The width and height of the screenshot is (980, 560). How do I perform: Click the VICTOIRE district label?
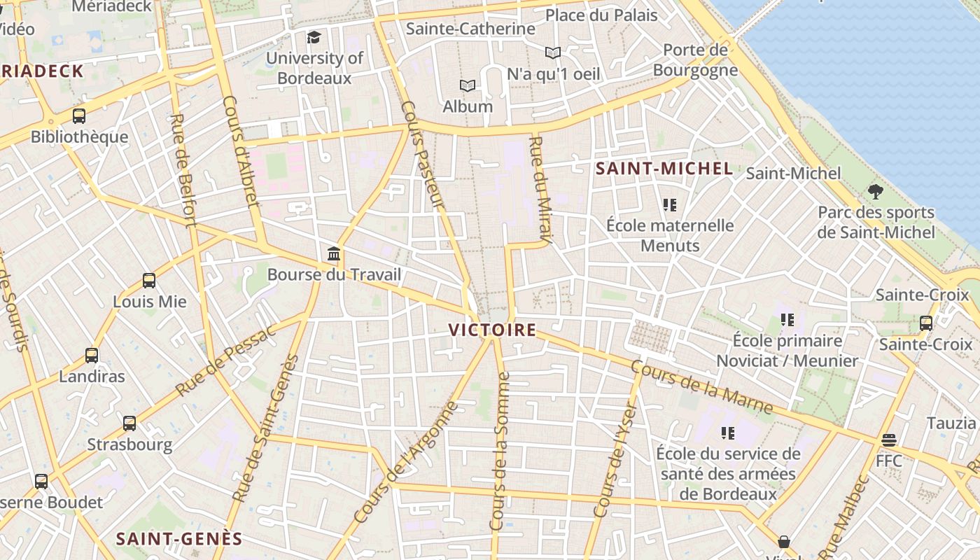pos(492,330)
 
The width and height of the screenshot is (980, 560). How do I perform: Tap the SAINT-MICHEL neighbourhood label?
pos(664,169)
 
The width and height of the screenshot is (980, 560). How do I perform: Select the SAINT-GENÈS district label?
pos(178,538)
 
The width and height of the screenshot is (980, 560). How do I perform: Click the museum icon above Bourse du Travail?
pos(334,253)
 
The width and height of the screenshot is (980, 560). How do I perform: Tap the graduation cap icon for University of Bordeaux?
pos(314,37)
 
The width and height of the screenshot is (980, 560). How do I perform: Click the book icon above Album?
pos(468,85)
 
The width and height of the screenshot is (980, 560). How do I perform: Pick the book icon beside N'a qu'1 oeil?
pos(553,52)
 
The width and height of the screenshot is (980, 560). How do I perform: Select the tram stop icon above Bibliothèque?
pos(79,116)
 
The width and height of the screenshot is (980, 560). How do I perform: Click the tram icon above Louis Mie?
pos(149,281)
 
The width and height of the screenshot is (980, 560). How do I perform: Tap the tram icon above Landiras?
pos(92,355)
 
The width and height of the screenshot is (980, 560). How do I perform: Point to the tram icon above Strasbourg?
pos(129,423)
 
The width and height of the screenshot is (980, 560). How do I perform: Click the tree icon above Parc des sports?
pos(875,191)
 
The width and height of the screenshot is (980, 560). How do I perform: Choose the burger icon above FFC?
pos(889,440)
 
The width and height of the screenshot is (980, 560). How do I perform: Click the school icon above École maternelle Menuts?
pos(670,205)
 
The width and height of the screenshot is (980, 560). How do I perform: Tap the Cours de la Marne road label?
pos(701,387)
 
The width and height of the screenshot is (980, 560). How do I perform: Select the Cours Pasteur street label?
pos(423,155)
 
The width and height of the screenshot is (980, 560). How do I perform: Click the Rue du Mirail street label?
pos(541,189)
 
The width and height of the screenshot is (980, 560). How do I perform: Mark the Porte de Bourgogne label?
pos(695,60)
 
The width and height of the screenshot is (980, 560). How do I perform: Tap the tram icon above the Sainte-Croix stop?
pos(926,323)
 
